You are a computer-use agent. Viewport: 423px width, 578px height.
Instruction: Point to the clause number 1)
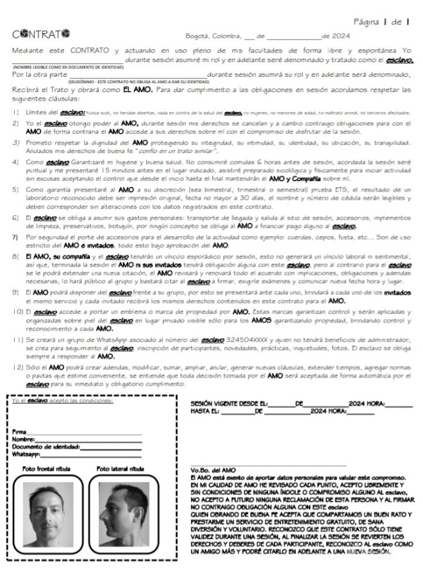tap(15, 112)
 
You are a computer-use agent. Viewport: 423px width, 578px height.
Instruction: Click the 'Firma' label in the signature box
tap(19, 432)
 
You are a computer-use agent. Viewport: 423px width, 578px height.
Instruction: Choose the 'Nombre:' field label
tap(23, 440)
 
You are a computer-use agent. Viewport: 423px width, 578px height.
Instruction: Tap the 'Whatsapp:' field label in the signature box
tap(26, 454)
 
